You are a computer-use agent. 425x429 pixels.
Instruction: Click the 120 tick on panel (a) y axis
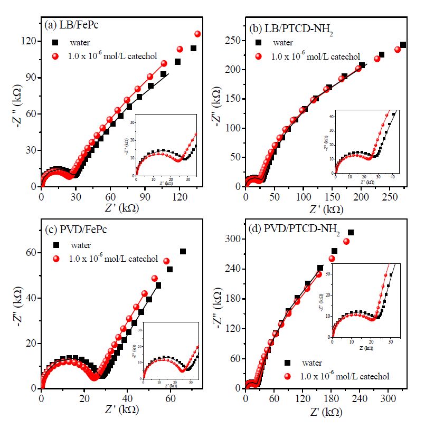click(31, 41)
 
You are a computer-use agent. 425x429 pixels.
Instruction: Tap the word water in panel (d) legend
click(312, 363)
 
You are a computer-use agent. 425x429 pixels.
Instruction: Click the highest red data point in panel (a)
click(197, 34)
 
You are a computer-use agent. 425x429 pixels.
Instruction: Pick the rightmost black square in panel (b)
click(403, 45)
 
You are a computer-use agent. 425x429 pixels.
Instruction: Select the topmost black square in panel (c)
click(183, 251)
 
